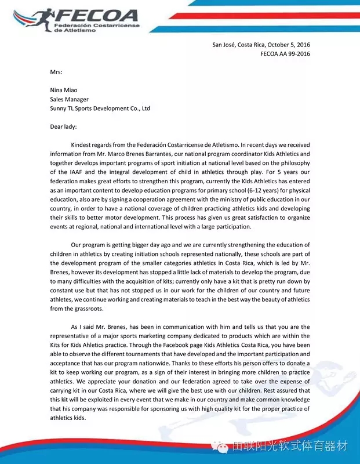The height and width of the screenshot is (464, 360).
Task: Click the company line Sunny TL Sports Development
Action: [x=100, y=108]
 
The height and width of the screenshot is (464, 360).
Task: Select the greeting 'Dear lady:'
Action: [x=63, y=126]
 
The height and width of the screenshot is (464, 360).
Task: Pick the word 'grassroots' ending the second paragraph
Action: [x=92, y=309]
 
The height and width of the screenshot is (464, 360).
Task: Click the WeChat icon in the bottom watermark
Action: [x=219, y=446]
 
